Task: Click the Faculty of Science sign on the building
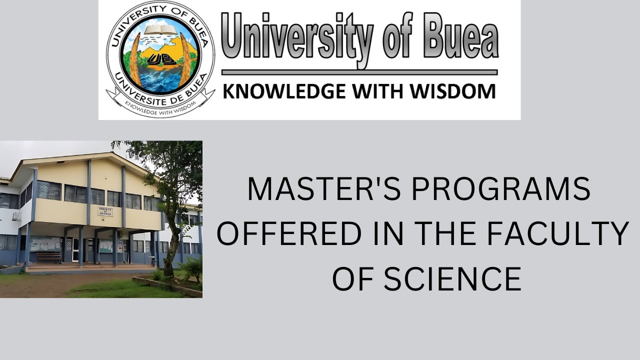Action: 105,211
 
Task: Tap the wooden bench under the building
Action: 48,257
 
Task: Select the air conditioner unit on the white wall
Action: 16,216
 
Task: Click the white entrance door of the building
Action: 75,248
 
